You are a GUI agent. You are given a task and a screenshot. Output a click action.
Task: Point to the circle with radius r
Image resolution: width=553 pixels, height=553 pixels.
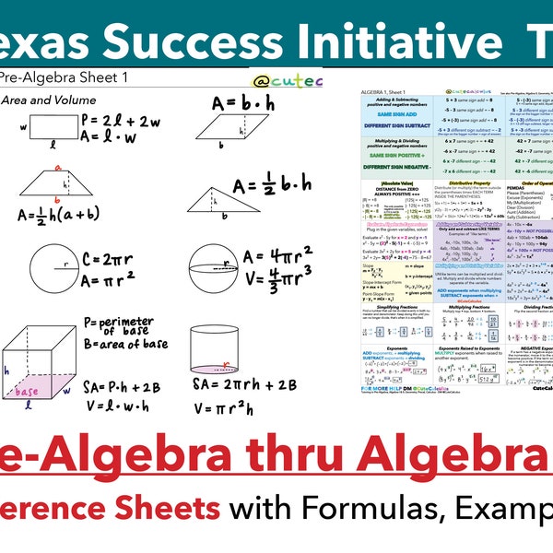(x=54, y=268)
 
